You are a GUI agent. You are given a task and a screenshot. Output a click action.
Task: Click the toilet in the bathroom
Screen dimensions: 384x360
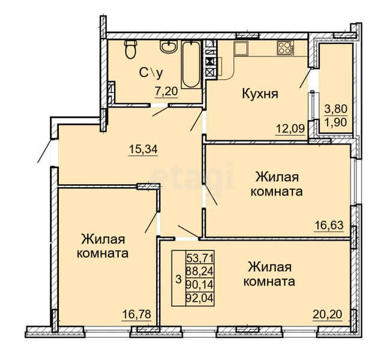click(x=131, y=49)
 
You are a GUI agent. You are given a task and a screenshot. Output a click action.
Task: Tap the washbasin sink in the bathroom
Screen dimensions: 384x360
click(x=169, y=47)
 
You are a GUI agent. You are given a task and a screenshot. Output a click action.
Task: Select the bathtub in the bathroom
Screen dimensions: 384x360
click(x=191, y=65)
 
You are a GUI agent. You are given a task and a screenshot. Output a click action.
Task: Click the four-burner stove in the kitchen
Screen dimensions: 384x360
click(x=286, y=47)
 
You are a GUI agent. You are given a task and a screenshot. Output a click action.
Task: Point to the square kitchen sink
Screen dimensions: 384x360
click(x=241, y=48)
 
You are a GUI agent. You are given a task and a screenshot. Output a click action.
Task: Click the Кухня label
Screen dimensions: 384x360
click(x=260, y=94)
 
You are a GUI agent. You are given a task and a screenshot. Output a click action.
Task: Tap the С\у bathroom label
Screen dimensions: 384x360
click(x=151, y=73)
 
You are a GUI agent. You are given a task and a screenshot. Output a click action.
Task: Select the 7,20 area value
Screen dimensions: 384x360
click(x=166, y=92)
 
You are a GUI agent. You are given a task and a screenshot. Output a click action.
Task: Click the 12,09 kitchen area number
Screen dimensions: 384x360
click(x=290, y=128)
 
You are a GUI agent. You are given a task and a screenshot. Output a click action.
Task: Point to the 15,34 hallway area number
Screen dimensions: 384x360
click(x=143, y=149)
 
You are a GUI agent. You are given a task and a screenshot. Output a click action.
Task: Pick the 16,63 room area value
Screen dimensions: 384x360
click(x=329, y=225)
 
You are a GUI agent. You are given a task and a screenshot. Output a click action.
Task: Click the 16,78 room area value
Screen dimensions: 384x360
click(x=137, y=314)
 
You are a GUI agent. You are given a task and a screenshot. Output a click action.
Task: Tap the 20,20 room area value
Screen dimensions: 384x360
click(x=328, y=314)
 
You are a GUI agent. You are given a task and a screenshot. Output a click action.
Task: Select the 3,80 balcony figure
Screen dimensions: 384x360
click(x=336, y=109)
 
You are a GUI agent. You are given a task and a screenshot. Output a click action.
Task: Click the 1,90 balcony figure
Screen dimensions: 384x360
click(x=336, y=122)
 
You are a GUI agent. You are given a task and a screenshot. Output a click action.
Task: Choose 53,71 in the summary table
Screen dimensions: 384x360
click(x=200, y=257)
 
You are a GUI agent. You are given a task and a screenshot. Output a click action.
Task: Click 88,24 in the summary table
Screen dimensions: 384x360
click(x=200, y=271)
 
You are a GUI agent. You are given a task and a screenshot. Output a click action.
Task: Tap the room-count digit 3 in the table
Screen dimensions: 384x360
click(x=179, y=279)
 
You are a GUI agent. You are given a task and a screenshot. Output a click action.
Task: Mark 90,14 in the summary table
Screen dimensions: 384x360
click(x=200, y=284)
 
